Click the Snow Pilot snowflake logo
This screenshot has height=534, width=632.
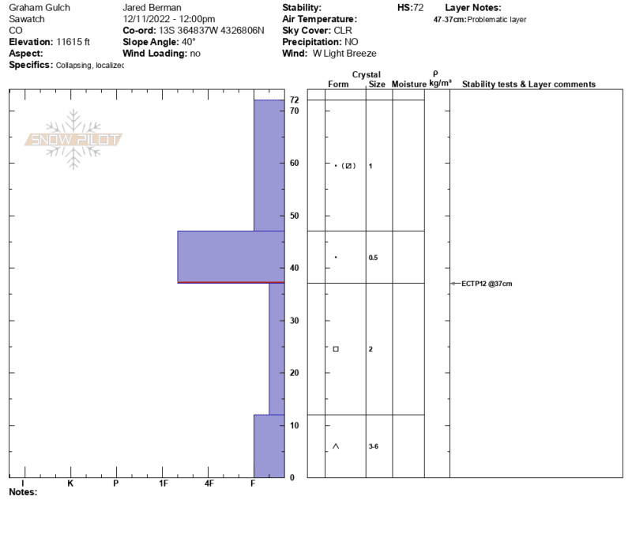[x=73, y=140]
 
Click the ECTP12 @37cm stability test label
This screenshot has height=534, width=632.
[x=487, y=284]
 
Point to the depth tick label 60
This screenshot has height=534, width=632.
[x=294, y=164]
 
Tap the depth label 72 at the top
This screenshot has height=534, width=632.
[x=294, y=100]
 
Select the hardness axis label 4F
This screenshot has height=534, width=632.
[x=209, y=483]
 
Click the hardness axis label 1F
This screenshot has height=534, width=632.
[x=164, y=483]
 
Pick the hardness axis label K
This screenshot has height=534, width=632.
[x=70, y=483]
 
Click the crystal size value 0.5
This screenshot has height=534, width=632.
[x=373, y=258]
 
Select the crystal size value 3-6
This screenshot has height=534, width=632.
[x=373, y=446]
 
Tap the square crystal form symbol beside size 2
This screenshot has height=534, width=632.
[x=336, y=349]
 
